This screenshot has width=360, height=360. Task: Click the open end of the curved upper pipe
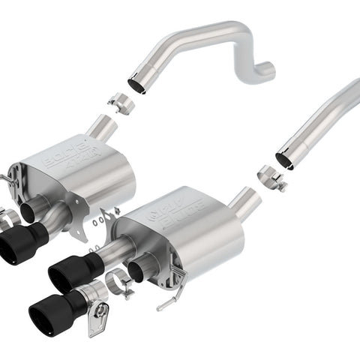(136, 84)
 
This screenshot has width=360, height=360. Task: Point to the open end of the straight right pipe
(285, 159)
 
